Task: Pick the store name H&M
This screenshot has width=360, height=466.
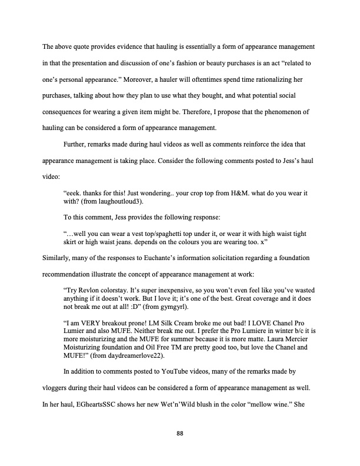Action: (x=231, y=192)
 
